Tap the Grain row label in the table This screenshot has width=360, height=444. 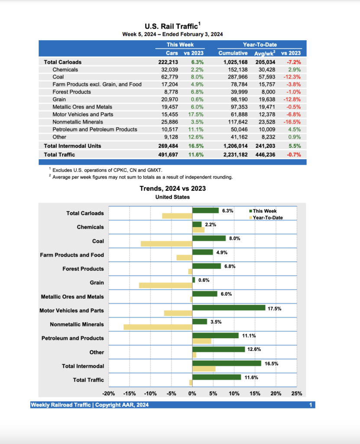point(60,99)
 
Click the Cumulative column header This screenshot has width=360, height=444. point(233,53)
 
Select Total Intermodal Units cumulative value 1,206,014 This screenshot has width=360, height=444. point(233,146)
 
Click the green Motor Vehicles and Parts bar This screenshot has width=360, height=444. point(229,308)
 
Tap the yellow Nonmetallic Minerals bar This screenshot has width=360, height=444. point(158,327)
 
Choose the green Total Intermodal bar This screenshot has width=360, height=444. point(227,363)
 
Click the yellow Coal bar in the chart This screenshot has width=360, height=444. point(166,244)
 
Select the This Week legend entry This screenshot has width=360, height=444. point(265,211)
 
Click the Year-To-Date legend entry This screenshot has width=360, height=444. point(267,217)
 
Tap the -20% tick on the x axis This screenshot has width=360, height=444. point(108,394)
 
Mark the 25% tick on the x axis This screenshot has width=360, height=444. point(296,394)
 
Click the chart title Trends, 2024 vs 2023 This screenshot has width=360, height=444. point(172,189)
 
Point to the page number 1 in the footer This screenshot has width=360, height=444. point(311,405)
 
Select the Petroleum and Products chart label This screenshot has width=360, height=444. point(72,338)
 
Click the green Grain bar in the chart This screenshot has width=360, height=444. point(194,280)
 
